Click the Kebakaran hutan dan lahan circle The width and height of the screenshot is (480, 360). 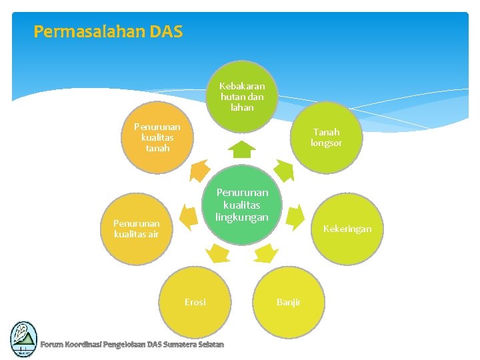tap(242, 96)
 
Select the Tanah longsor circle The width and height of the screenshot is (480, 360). tap(327, 138)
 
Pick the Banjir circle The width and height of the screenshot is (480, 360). tap(289, 302)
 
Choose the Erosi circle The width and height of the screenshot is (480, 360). tap(195, 302)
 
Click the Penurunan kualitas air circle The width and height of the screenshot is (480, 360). tap(136, 229)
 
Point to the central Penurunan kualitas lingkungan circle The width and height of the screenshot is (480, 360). tap(242, 205)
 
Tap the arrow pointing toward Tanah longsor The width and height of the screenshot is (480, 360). tap(284, 171)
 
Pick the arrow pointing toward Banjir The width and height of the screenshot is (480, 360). tap(266, 253)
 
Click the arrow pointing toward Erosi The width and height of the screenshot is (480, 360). tap(217, 253)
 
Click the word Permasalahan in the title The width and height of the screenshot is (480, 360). tap(77, 31)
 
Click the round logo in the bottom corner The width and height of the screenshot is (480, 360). tap(23, 339)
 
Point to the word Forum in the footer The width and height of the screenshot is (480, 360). tap(51, 344)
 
